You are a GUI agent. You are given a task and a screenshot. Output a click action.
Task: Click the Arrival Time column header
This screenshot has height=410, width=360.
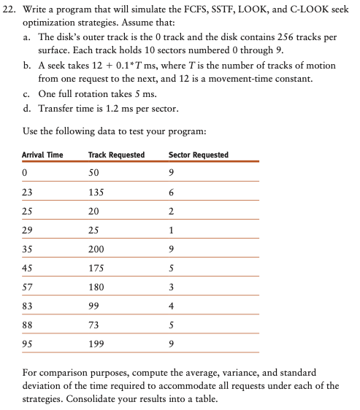42,155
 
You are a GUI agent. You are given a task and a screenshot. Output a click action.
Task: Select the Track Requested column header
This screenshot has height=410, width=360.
116,155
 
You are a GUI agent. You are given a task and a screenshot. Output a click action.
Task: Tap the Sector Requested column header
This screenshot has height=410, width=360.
198,155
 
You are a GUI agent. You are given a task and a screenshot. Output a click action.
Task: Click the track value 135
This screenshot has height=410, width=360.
96,192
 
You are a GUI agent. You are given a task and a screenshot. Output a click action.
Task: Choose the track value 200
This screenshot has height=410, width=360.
96,249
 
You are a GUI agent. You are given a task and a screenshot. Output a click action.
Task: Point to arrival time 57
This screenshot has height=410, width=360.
28,287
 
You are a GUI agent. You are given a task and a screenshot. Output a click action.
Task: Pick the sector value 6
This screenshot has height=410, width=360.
171,192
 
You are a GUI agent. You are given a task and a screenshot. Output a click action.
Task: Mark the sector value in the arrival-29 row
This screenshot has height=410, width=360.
171,230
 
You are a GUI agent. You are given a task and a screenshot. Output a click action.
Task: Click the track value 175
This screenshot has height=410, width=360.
96,268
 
